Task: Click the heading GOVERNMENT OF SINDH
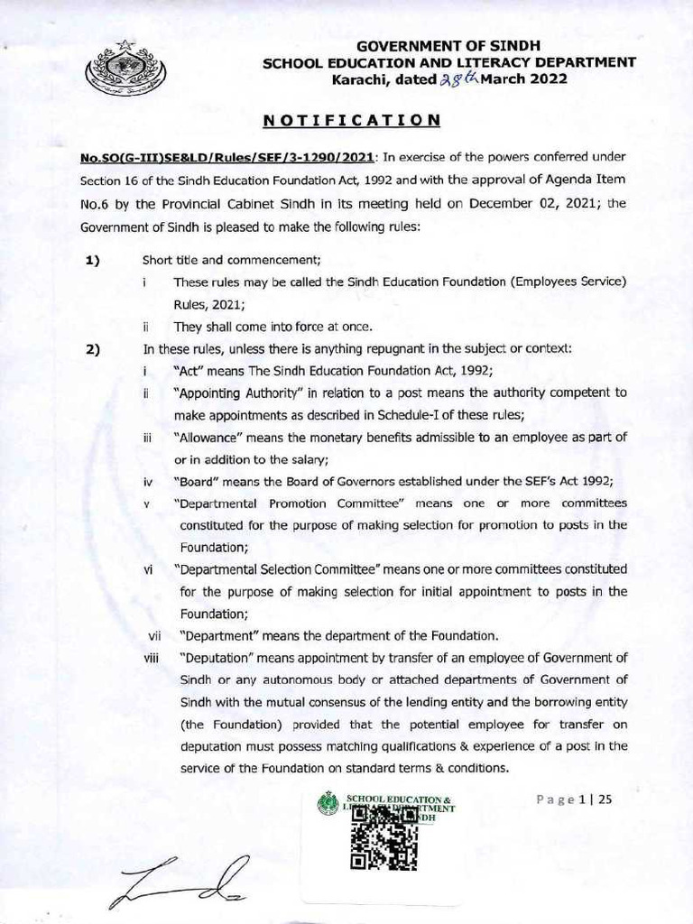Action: (x=448, y=46)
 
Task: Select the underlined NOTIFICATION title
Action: (x=352, y=119)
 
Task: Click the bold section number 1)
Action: (x=92, y=262)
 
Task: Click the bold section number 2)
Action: (x=92, y=350)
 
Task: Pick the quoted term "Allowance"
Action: (x=209, y=437)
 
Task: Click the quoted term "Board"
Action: (x=198, y=480)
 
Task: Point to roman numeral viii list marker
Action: (x=151, y=657)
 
